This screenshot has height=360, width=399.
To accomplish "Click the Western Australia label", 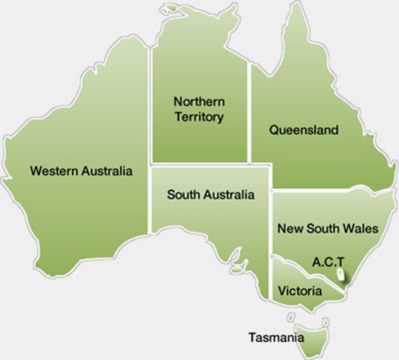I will pos(81,171).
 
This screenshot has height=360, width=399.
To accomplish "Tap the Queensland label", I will pos(304,130).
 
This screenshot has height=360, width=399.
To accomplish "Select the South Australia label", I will pos(211,195).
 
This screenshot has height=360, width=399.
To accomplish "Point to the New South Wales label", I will pos(328,228).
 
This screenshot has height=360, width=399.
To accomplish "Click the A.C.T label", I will pos(328,261).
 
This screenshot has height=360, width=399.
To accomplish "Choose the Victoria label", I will pos(300,290).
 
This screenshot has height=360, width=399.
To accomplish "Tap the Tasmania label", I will pos(276,337).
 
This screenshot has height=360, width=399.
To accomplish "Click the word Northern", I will pos(199,101).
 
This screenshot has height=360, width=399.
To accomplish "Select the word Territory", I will pos(199,117).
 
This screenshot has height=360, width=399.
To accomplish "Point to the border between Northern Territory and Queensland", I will pos(249,112).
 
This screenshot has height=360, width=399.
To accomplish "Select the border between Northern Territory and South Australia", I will pos(199,163).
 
